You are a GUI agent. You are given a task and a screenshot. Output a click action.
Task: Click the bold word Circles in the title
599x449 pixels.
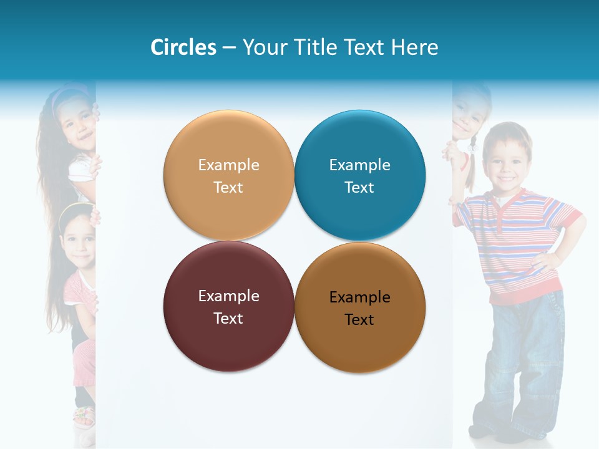click(x=183, y=47)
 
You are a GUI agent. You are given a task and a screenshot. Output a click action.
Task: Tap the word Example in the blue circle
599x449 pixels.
click(x=359, y=165)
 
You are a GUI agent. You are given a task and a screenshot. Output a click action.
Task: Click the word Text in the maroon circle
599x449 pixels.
click(x=228, y=318)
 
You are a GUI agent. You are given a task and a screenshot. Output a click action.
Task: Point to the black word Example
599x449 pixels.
click(x=359, y=297)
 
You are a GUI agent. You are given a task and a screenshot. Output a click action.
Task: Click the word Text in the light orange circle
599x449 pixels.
click(x=228, y=187)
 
